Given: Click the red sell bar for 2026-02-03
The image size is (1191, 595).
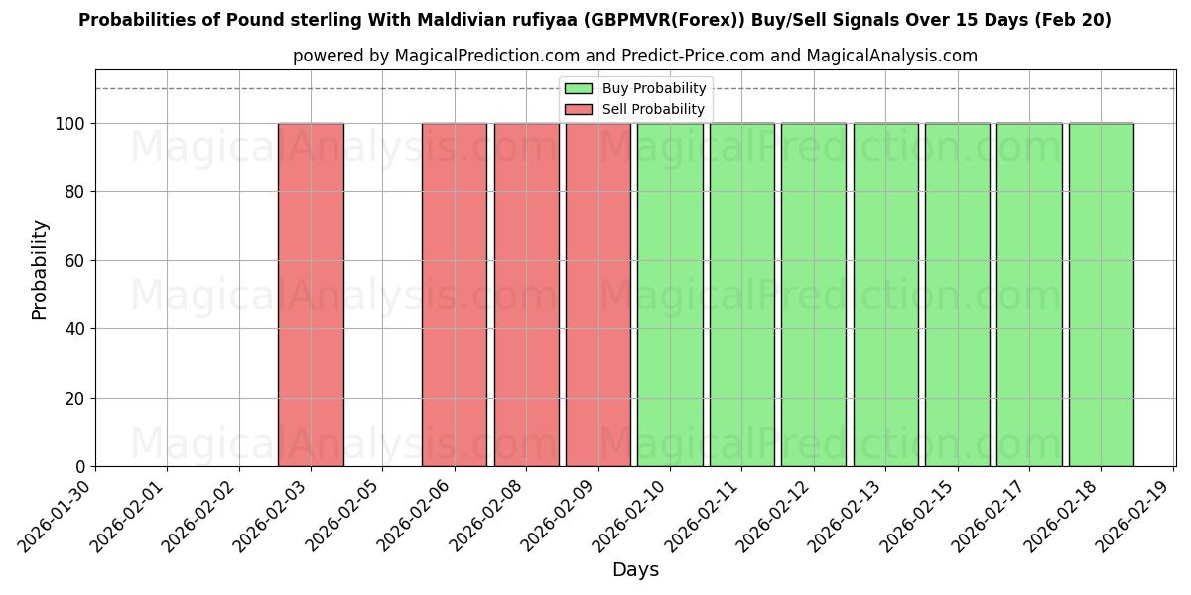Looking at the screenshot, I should coord(311,295).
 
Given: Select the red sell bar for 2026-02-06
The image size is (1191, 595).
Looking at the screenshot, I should coord(455,295).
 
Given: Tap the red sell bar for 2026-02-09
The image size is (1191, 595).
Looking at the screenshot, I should coord(597,295).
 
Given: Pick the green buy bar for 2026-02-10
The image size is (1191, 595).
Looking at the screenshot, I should coord(670,295).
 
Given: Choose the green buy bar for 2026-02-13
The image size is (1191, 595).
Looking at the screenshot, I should coord(885,295).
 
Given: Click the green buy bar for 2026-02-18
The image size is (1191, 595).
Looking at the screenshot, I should coord(1101,295).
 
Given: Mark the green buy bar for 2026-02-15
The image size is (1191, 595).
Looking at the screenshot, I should coord(957,295).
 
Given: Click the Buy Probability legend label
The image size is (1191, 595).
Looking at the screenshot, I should coord(654,89).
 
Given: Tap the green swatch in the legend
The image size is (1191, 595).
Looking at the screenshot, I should coord(578,89).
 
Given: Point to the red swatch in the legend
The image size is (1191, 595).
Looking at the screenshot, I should coord(578,109).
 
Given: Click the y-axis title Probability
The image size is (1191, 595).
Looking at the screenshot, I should coord(40,269).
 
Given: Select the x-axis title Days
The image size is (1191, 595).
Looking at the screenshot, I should coord(635,570).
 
